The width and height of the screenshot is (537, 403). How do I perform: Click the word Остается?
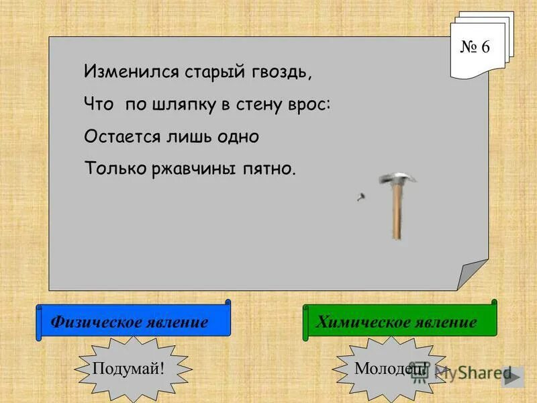pos(121,136)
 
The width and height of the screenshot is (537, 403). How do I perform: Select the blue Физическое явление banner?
pos(132,322)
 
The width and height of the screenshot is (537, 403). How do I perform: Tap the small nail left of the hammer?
pos(361,197)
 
